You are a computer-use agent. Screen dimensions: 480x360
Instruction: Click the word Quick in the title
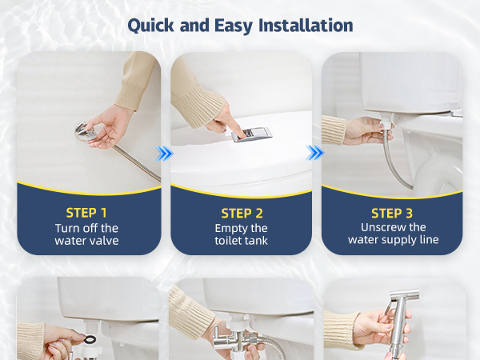[150, 26]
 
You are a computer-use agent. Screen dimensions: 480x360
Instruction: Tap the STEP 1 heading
[86, 213]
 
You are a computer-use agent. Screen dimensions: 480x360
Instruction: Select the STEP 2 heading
[242, 214]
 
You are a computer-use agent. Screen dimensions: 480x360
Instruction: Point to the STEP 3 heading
[392, 214]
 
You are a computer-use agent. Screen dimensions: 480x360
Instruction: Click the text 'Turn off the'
[86, 228]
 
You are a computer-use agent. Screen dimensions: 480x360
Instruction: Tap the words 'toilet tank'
[242, 241]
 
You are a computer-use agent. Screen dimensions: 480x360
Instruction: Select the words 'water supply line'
[394, 240]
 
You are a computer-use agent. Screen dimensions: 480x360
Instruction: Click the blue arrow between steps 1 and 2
[164, 153]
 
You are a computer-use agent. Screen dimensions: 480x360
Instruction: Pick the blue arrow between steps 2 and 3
[315, 153]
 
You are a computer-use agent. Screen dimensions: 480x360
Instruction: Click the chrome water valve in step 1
[86, 132]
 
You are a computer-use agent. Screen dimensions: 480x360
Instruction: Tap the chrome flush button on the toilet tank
[251, 134]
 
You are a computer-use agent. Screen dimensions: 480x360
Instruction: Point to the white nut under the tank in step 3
[386, 122]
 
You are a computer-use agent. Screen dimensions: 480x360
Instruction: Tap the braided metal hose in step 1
[137, 162]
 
